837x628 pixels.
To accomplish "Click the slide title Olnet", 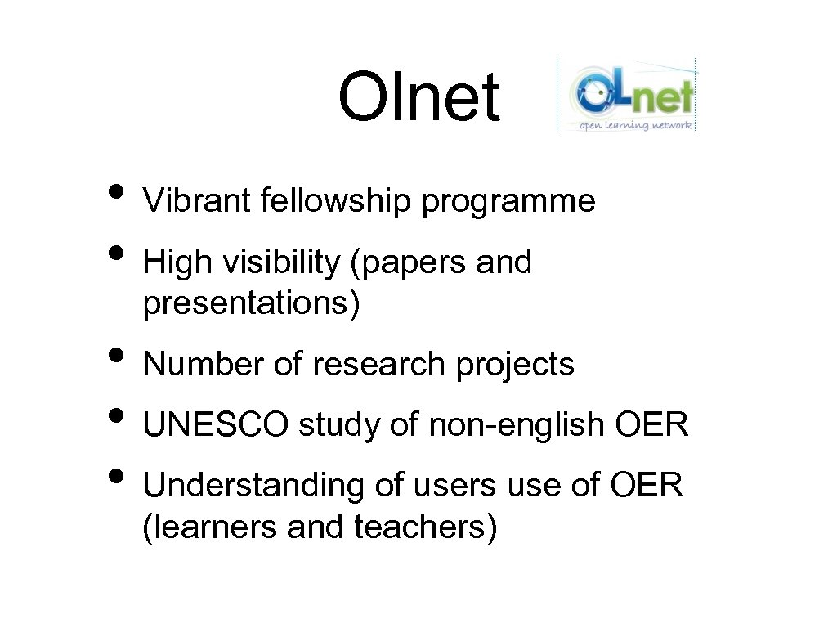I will [418, 96].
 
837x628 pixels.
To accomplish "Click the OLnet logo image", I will [627, 94].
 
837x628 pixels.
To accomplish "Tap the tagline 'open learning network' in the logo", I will [636, 125].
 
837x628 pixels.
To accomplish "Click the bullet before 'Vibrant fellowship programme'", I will [118, 192].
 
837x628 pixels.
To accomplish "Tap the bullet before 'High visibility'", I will [118, 253].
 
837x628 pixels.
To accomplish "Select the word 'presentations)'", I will [251, 304].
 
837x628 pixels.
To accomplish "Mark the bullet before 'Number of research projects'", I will [118, 356].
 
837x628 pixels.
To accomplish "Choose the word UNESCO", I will [216, 425].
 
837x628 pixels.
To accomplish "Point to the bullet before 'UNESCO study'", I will [118, 416].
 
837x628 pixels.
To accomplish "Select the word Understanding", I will [254, 486].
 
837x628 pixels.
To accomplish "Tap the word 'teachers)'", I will [425, 527].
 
